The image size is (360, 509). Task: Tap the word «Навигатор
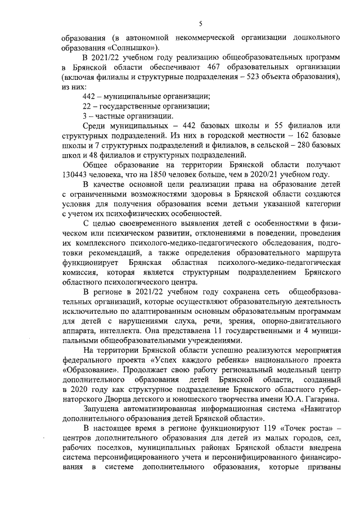pos(313,409)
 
